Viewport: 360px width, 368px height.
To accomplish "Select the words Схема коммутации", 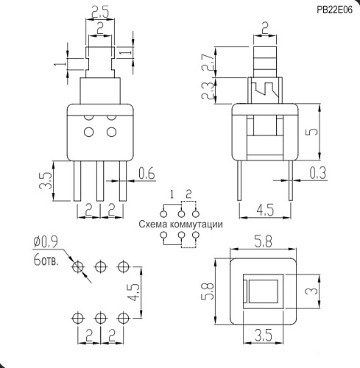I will point(179,224).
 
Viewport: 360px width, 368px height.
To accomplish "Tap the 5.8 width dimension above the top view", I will point(262,241).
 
